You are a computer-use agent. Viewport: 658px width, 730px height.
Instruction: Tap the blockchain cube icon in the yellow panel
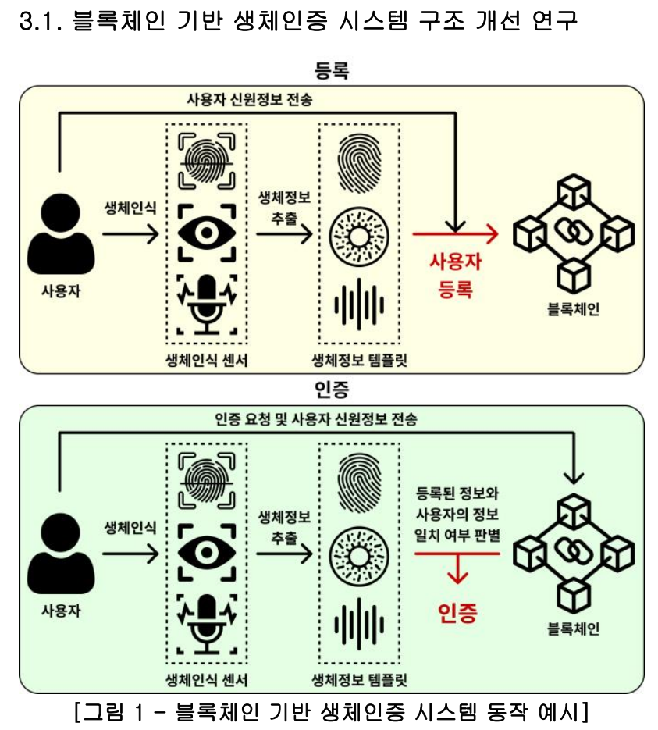[x=572, y=233]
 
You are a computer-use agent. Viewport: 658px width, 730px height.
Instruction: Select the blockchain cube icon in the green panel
[x=572, y=553]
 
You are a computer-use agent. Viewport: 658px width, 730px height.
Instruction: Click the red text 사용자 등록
[x=455, y=276]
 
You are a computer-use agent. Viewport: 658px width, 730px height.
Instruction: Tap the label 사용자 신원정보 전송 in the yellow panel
[x=249, y=99]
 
